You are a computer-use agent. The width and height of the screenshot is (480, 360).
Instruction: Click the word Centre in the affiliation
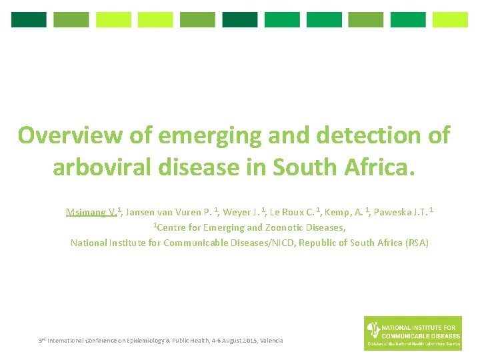click(175, 228)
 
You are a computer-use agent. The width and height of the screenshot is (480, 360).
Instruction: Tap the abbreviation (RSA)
click(417, 243)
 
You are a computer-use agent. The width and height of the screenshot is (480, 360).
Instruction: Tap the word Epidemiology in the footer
click(139, 341)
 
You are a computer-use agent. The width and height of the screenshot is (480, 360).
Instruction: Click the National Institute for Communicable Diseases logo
click(413, 333)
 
